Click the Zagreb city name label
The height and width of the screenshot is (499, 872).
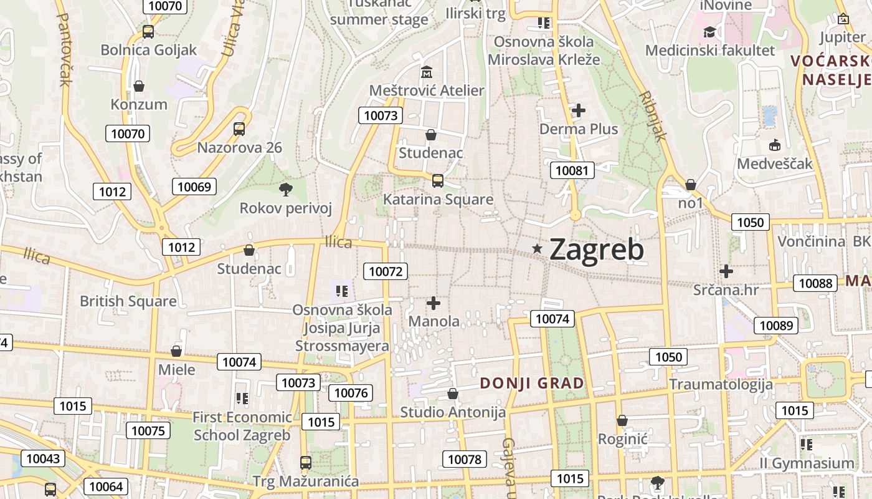[x=597, y=249]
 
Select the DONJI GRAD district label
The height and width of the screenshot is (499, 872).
[x=533, y=383]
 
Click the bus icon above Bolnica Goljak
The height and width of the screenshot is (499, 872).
[x=148, y=32]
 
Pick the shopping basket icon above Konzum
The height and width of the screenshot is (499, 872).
[x=139, y=85]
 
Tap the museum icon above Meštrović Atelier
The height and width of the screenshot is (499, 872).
[x=427, y=72]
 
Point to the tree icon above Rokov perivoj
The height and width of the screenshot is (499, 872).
[x=286, y=189]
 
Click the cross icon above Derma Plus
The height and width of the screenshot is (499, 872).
[x=579, y=110]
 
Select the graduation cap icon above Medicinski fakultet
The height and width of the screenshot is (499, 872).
[x=709, y=32]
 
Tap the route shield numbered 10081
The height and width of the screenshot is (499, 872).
[x=572, y=170]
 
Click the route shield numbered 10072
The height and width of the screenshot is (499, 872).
[x=386, y=271]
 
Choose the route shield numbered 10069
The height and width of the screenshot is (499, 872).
[x=194, y=187]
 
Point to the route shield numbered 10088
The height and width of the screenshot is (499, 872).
[x=815, y=283]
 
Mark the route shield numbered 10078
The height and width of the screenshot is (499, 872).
[x=465, y=460]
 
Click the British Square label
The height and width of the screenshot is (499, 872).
[x=128, y=301]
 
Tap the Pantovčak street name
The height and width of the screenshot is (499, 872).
[x=64, y=49]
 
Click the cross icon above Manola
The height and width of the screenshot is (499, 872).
[x=434, y=303]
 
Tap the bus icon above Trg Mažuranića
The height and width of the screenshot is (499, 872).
[x=306, y=462]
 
